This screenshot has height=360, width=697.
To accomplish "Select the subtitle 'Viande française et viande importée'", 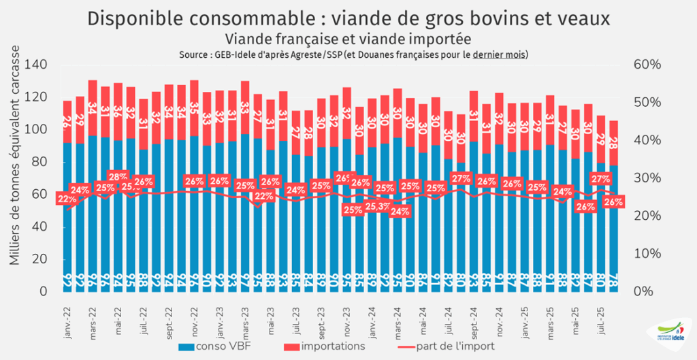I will coord(348,39).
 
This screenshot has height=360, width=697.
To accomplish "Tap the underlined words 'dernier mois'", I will coord(500,54).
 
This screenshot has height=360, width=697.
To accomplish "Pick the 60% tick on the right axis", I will coord(647,65).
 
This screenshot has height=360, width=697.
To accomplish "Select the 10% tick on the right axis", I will coord(647,253).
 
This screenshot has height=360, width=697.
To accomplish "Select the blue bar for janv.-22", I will coord(67,218).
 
